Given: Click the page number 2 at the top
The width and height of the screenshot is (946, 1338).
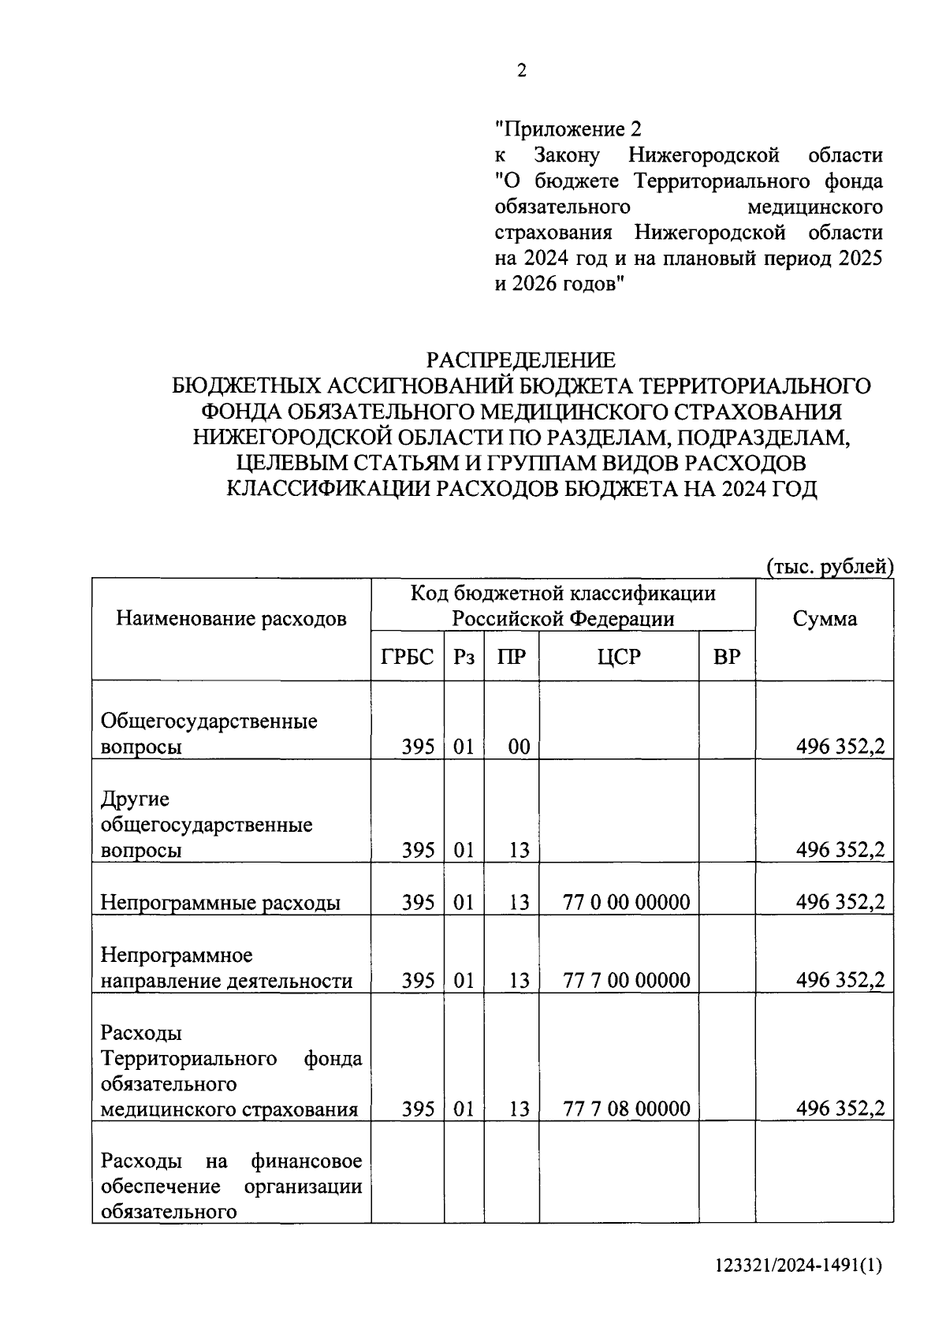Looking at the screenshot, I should click(521, 71).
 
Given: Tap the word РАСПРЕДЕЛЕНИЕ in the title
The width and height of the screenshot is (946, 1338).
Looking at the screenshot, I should click(521, 360).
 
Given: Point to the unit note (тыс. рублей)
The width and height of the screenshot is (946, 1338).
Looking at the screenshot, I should click(829, 566).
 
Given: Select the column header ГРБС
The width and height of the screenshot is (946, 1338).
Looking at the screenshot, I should click(408, 657).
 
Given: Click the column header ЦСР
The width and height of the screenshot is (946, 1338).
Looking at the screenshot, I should click(619, 657).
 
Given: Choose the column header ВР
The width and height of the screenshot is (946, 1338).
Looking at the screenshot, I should click(727, 657).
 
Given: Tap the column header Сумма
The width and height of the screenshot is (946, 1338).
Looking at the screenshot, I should click(825, 619).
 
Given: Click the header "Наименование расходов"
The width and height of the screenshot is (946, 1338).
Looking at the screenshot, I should click(231, 619).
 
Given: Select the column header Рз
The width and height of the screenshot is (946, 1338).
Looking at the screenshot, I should click(464, 657).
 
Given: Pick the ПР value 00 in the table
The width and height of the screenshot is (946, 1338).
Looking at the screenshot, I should click(519, 747).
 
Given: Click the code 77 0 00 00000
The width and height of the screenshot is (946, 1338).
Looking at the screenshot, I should click(626, 902).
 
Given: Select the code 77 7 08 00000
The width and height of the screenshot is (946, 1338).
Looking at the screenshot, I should click(626, 1109).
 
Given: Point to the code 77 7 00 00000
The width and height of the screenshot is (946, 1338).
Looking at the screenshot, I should click(626, 980).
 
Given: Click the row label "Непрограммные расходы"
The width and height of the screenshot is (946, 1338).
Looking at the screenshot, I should click(220, 903).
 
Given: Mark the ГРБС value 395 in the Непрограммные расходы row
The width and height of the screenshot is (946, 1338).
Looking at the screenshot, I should click(418, 902).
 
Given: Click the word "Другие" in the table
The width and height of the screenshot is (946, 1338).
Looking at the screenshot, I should click(135, 799).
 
